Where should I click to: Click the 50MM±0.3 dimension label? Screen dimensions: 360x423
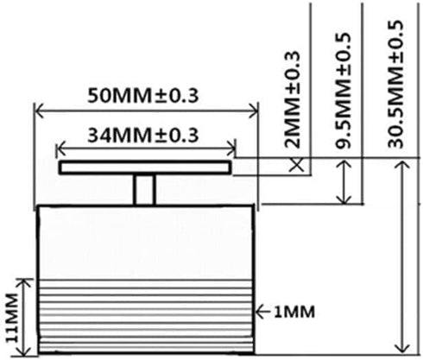point(145,94)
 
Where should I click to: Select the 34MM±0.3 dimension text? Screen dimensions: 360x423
point(145,135)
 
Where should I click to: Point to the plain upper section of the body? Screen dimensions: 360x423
point(145,242)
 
